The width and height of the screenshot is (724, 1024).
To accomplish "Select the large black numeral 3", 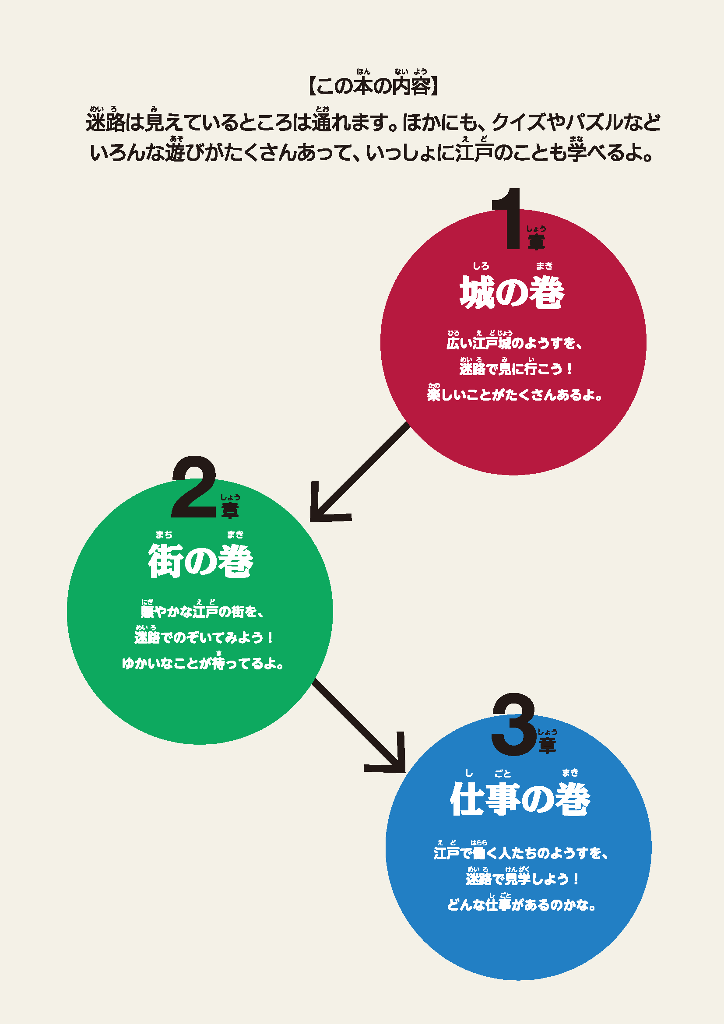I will tap(513, 724).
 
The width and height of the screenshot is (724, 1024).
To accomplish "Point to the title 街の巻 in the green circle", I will tap(200, 561).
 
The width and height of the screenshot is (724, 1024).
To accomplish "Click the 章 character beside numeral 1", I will tap(536, 242).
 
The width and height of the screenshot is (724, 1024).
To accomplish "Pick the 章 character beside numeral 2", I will tap(230, 510).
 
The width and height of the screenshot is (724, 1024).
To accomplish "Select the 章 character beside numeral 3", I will tap(547, 745).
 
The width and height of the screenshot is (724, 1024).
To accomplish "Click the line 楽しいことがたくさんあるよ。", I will tap(514, 395).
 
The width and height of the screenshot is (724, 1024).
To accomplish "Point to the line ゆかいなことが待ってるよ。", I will tap(203, 664).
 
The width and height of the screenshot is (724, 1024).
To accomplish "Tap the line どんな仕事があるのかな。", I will tap(521, 905).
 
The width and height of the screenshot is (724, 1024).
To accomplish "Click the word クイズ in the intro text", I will tap(518, 122).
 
